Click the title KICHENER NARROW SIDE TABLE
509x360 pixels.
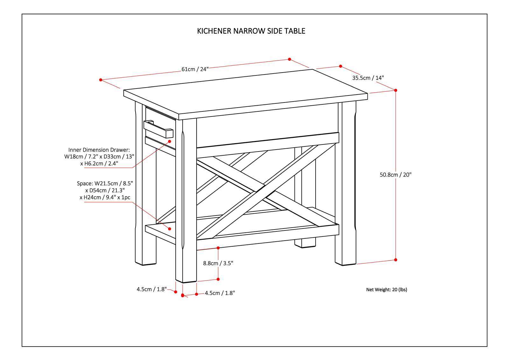251,31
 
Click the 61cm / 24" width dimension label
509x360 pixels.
195,69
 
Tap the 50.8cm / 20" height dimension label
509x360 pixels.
395,174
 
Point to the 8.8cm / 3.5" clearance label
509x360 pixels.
218,263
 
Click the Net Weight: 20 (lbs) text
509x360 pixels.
387,289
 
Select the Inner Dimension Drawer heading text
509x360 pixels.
99,150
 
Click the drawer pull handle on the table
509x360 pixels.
158,129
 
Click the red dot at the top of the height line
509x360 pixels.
396,90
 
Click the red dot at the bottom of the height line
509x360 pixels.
396,260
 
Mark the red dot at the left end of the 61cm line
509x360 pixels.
101,80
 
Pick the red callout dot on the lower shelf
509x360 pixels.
170,229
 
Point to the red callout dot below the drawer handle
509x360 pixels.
170,141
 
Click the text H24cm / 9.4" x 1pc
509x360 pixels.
105,197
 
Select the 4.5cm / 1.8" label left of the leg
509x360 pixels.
151,289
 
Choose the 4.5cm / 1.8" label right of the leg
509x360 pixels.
220,293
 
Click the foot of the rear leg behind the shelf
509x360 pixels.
305,243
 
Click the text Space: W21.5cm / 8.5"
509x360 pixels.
105,183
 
